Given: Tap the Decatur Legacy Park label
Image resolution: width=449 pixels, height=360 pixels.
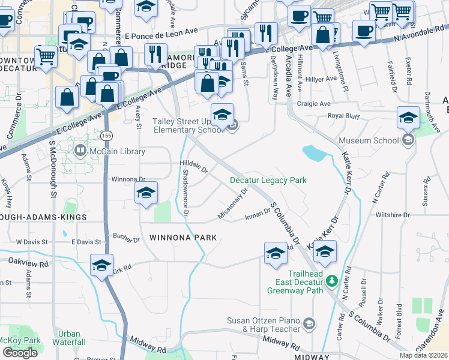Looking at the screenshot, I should click(268, 180).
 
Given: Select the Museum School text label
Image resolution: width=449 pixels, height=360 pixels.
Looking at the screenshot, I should click(369, 140).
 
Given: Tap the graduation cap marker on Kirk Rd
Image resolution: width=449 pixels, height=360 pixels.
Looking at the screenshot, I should click(101, 264).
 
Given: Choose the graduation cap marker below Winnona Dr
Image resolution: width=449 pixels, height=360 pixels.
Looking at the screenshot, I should click(145, 193).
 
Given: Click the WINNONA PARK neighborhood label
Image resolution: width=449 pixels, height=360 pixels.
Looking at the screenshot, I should click(183, 238).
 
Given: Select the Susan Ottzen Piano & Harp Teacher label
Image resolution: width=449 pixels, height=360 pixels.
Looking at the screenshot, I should click(264, 325).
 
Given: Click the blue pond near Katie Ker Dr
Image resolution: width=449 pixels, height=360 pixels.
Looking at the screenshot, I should click(314, 153).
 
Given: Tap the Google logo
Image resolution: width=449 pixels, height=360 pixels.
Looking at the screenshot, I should click(20, 352).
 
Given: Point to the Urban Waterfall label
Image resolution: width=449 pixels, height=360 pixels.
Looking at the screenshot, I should click(69, 338).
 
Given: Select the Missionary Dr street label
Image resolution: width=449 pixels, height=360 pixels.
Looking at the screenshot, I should click(233, 204).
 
